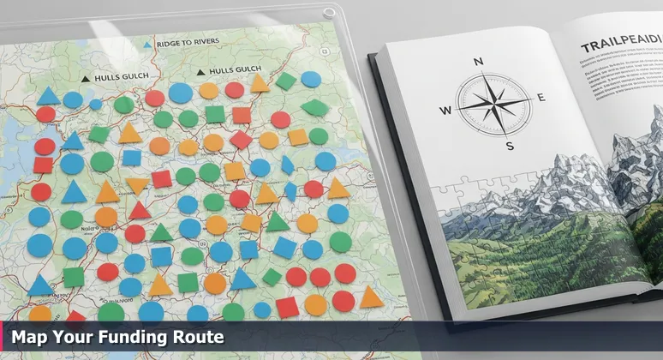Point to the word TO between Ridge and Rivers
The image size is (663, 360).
pyautogui.click(x=188, y=42)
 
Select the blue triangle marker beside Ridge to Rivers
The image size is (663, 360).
pyautogui.click(x=148, y=44)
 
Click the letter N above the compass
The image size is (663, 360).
pyautogui.click(x=478, y=61)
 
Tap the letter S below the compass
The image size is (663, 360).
pyautogui.click(x=511, y=146)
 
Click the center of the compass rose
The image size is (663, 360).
pyautogui.click(x=494, y=103)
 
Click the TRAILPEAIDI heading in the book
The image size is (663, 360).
pyautogui.click(x=620, y=45)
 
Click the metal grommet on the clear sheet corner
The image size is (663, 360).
pyautogui.click(x=328, y=12)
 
